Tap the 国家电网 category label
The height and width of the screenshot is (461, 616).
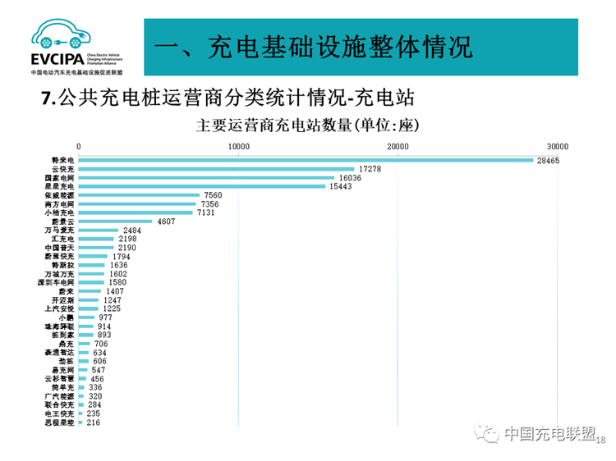point(59,177)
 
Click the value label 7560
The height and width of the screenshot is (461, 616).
point(213,195)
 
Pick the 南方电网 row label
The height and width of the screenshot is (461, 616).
point(59,204)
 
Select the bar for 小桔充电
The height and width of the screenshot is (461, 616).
point(136,212)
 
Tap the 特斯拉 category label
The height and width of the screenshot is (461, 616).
point(62,265)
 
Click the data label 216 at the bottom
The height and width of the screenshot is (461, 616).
point(93,422)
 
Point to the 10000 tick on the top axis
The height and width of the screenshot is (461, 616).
point(238,146)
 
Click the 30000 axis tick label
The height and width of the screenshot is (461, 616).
point(558,146)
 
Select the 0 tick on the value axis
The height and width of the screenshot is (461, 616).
point(79,146)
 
